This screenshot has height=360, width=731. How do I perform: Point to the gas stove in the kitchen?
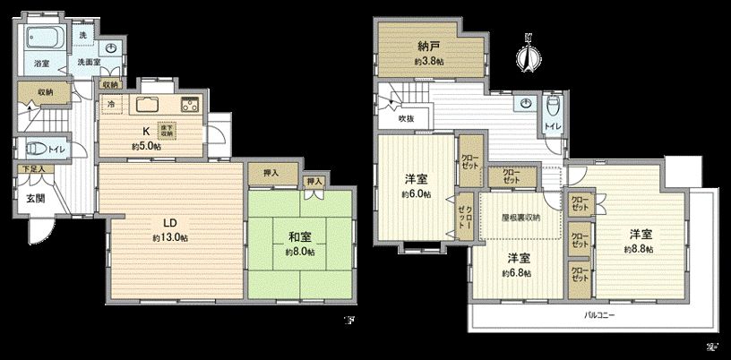tap(190, 101)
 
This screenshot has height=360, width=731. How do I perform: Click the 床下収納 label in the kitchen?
tap(168, 129)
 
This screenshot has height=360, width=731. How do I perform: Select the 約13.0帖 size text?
tap(169, 237)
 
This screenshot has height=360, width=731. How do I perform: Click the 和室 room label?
tap(299, 237)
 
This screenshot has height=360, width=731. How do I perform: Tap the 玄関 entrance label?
tap(35, 198)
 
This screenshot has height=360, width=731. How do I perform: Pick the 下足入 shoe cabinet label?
tap(34, 167)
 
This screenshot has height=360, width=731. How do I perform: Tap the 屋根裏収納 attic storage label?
tap(519, 219)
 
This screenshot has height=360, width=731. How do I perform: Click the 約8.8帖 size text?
tap(640, 247)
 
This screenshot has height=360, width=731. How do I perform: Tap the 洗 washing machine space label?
tap(82, 34)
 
